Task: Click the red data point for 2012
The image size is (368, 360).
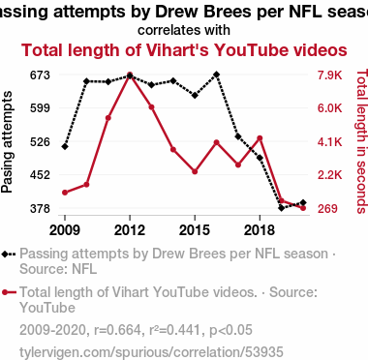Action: pyautogui.click(x=130, y=75)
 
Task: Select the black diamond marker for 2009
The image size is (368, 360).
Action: pyautogui.click(x=65, y=146)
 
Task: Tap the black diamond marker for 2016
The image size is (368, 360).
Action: pyautogui.click(x=217, y=75)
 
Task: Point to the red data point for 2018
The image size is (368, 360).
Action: pyautogui.click(x=260, y=138)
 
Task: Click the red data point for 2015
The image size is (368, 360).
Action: pyautogui.click(x=195, y=171)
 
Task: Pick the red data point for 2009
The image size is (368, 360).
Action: pyautogui.click(x=65, y=193)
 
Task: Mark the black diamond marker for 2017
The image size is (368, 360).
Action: pyautogui.click(x=238, y=136)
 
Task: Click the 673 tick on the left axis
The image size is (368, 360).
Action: pyautogui.click(x=40, y=75)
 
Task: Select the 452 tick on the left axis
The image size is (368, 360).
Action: pyautogui.click(x=40, y=175)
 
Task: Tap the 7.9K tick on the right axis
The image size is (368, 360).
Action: pyautogui.click(x=329, y=75)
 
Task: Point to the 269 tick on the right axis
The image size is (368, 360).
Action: pyautogui.click(x=327, y=209)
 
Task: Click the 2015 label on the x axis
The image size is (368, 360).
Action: pyautogui.click(x=195, y=230)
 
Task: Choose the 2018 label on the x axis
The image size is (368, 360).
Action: pyautogui.click(x=260, y=230)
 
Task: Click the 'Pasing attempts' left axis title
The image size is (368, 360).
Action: pyautogui.click(x=7, y=142)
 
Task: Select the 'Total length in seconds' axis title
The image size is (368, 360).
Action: pyautogui.click(x=362, y=141)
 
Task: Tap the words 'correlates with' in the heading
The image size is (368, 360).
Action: pyautogui.click(x=184, y=30)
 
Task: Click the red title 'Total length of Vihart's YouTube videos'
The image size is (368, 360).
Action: pyautogui.click(x=184, y=50)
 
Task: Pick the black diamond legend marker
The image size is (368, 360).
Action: pyautogui.click(x=9, y=255)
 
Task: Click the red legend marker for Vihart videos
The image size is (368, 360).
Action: pyautogui.click(x=9, y=292)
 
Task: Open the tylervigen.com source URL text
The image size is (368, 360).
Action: pyautogui.click(x=151, y=352)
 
